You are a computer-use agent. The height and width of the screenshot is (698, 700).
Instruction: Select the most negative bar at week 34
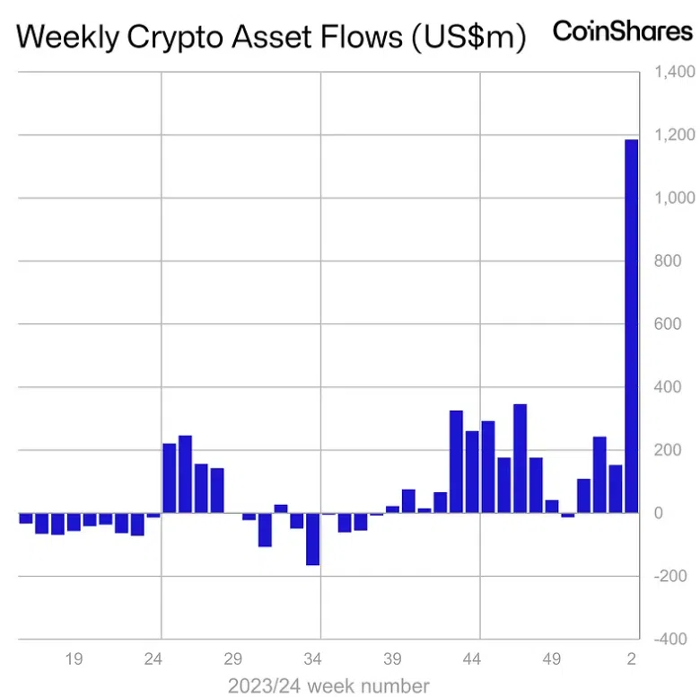[x=312, y=539]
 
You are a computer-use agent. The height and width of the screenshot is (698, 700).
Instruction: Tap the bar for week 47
[x=520, y=458]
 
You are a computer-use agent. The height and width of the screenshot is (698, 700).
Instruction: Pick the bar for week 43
[x=456, y=462]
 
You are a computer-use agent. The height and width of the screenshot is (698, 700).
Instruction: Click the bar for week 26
[x=185, y=474]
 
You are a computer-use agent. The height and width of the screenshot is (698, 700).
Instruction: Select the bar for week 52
[x=599, y=475]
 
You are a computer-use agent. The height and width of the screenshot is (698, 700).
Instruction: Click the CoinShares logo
[x=622, y=31]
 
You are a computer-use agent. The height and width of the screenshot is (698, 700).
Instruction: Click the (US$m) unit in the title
[x=469, y=38]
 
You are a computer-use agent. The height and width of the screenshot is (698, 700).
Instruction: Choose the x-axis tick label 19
[x=74, y=659]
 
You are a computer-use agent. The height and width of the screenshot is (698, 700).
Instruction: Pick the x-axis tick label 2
[x=632, y=659]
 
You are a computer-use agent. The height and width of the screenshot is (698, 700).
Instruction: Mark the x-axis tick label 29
[x=233, y=659]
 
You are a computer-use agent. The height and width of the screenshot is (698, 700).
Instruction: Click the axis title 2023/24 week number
[x=328, y=685]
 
